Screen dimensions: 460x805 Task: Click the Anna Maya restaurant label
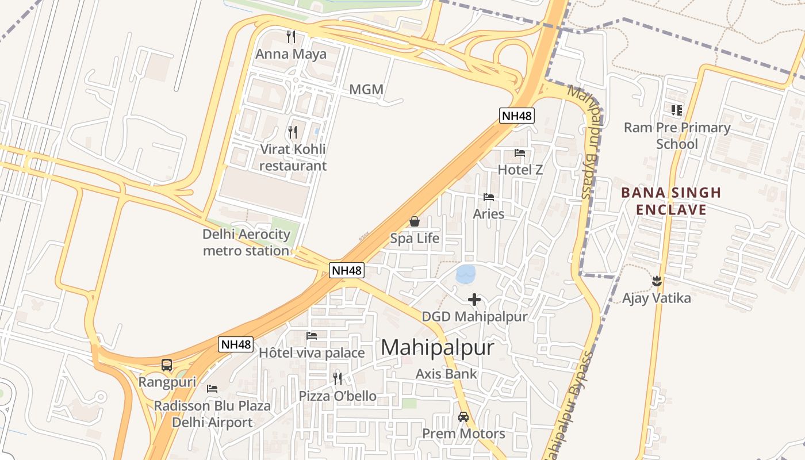(x=291, y=55)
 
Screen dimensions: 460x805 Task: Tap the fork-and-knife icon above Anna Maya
(x=291, y=37)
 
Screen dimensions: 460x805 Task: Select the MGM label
(x=366, y=90)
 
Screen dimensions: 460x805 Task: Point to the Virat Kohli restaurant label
(x=293, y=158)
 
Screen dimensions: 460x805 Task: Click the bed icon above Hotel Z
(x=520, y=153)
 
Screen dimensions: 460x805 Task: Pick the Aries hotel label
(x=489, y=214)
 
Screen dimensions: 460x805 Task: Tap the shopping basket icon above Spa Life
(x=414, y=221)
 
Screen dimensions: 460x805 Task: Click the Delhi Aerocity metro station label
(x=246, y=243)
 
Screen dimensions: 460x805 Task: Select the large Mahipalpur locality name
(x=437, y=348)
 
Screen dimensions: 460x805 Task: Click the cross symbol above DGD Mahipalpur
(x=474, y=300)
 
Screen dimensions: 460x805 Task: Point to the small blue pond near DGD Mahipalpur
(x=466, y=274)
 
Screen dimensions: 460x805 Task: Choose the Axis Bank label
(x=446, y=374)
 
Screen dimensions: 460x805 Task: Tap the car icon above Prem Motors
(x=463, y=416)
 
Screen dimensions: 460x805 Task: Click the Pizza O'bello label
(x=338, y=396)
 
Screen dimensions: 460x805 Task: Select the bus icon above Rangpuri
(x=167, y=365)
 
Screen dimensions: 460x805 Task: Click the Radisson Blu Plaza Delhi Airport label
(x=212, y=414)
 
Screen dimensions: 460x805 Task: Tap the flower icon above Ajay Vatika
(x=657, y=281)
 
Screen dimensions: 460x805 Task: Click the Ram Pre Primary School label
(x=677, y=136)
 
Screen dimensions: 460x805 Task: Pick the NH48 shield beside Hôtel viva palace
(x=236, y=344)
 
